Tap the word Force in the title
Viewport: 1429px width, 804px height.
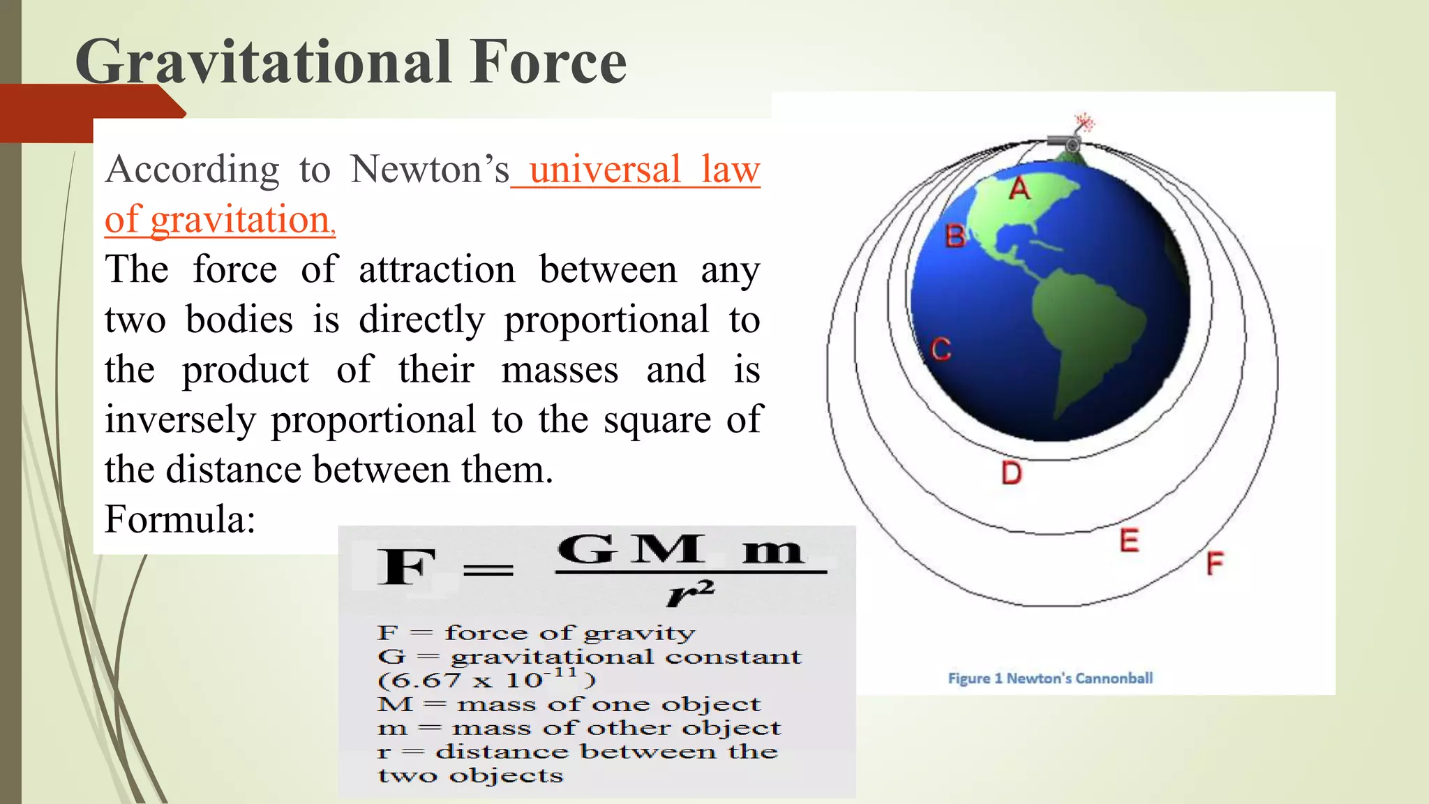(x=548, y=63)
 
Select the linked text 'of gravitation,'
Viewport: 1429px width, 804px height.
(x=220, y=220)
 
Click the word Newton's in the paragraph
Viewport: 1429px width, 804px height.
(x=430, y=170)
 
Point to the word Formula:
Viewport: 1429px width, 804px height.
(x=180, y=519)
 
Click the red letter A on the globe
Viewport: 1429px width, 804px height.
(x=1019, y=188)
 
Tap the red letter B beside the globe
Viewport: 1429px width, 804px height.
(x=955, y=237)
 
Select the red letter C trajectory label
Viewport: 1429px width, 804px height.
(x=941, y=349)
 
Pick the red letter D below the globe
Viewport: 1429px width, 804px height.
(x=1011, y=473)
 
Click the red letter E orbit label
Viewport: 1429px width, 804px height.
(x=1129, y=540)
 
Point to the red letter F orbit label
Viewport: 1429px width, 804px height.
(x=1215, y=563)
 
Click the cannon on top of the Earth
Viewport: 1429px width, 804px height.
(x=1065, y=142)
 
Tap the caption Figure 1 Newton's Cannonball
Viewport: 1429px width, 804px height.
(x=1050, y=678)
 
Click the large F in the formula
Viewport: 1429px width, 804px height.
(x=406, y=567)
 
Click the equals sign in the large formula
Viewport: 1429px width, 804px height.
(x=488, y=571)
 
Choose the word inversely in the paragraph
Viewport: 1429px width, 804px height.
(x=180, y=420)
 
